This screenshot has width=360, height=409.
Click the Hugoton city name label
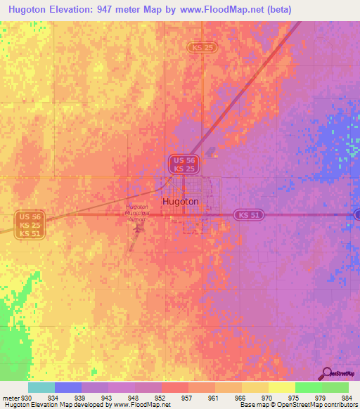click(181, 202)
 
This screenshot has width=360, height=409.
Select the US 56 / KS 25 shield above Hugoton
click(185, 164)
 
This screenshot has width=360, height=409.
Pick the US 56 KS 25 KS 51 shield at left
click(30, 224)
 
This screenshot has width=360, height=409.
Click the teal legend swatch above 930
click(41, 387)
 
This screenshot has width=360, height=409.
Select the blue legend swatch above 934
click(67, 387)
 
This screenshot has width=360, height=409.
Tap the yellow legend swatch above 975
click(281, 387)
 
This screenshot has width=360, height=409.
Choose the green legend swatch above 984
click(335, 387)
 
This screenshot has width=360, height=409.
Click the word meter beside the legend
click(10, 398)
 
